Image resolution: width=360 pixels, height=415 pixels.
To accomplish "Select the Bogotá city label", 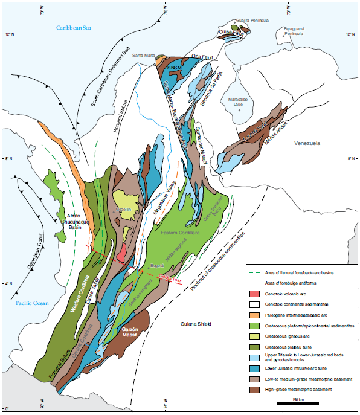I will tap(157, 264).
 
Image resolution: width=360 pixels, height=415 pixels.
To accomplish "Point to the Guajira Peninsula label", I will tap(251, 20).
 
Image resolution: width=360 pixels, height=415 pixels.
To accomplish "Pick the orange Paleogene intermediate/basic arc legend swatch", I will tap(256, 315).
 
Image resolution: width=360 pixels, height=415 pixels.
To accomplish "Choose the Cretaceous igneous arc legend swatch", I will tap(256, 336).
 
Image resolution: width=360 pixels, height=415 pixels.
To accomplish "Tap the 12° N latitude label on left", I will tap(8, 34).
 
